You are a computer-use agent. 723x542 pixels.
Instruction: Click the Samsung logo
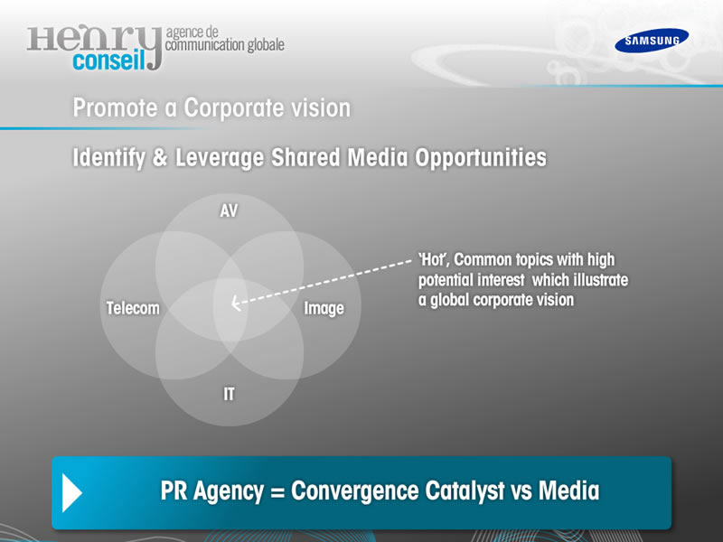pos(652,41)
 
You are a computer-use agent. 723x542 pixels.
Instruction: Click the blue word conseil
pos(108,60)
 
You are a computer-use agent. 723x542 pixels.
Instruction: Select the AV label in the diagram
pos(229,210)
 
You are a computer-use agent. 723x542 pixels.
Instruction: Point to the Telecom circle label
pos(133,308)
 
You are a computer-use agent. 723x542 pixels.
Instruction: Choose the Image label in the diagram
pos(324,308)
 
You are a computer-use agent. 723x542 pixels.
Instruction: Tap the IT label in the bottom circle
pos(229,394)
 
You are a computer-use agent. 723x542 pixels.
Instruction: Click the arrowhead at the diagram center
pos(236,304)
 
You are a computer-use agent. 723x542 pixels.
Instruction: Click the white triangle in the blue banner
pos(72,493)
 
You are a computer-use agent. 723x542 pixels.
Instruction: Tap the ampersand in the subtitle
pos(160,157)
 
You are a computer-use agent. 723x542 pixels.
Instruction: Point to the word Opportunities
pos(481,158)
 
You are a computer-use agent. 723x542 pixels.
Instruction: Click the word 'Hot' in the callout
pos(434,260)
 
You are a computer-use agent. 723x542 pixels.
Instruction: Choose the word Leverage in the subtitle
pos(220,158)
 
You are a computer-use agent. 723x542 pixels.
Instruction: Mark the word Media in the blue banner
pos(569,490)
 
